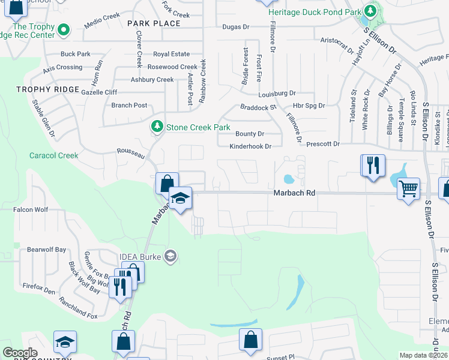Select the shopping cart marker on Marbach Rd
coord(408,189)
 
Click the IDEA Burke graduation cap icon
coord(170,257)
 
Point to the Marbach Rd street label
coord(294,193)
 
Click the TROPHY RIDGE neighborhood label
coord(47,89)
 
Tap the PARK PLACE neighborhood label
coord(154,23)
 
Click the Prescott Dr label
coord(323,144)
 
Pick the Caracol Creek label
coord(54,155)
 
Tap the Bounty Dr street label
coord(250,134)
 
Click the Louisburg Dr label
coord(277,94)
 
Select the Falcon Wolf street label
coord(31,209)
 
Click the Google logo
coord(20,352)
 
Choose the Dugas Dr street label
coord(235,27)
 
